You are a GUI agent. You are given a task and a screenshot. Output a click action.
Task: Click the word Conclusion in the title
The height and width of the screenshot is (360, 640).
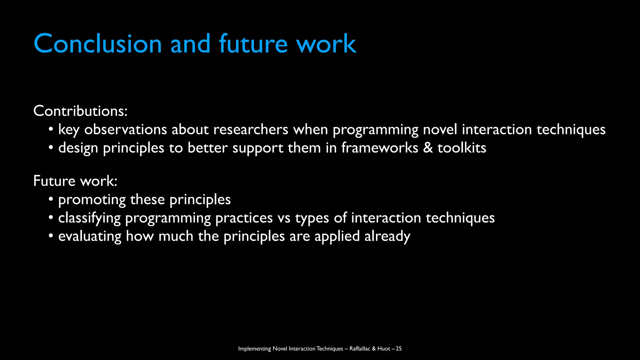click(x=97, y=44)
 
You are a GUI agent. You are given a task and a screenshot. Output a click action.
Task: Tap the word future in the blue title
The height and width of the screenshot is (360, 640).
click(x=253, y=44)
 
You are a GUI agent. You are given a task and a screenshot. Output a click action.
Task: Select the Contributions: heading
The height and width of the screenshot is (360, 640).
click(x=80, y=111)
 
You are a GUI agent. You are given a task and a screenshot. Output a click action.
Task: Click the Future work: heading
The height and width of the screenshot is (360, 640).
click(x=75, y=181)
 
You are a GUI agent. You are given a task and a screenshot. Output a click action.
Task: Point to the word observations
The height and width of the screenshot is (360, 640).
click(x=125, y=129)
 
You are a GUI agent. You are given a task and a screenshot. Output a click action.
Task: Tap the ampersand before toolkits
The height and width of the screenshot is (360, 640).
click(x=428, y=148)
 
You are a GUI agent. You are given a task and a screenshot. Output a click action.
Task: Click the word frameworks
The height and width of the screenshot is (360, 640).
click(x=379, y=148)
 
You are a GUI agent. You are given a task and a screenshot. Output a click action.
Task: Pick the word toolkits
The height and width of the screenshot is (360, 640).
click(x=462, y=148)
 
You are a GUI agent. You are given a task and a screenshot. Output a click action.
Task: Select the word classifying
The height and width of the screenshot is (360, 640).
click(x=89, y=218)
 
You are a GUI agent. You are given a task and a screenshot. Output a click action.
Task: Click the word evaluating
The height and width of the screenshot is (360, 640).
click(x=90, y=236)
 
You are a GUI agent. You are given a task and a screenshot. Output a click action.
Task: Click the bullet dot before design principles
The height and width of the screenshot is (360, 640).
click(x=51, y=147)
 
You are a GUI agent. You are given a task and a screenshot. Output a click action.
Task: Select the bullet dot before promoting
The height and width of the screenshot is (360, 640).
click(x=51, y=199)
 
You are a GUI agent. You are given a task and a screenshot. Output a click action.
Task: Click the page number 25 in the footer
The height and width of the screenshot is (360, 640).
click(x=398, y=348)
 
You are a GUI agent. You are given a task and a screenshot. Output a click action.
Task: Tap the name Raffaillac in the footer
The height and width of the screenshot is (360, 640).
click(x=360, y=348)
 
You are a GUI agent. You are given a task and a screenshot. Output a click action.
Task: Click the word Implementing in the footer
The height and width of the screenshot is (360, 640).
click(x=254, y=349)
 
